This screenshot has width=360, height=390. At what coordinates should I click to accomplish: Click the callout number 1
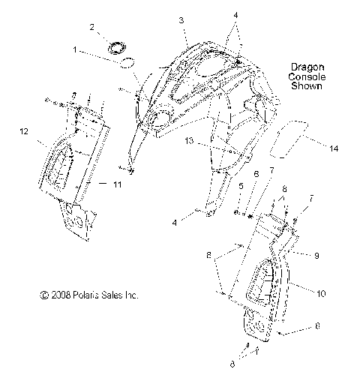pos(75,49)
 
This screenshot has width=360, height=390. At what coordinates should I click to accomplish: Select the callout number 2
pos(92,27)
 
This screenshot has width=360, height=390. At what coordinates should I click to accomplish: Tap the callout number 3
pos(181,20)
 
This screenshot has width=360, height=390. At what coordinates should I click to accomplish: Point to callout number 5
pos(241,186)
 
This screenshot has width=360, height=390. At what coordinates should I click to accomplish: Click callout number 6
pos(256,174)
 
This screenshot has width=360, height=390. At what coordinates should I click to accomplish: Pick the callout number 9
pos(316,256)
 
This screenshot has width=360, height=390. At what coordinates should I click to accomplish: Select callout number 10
pos(321,293)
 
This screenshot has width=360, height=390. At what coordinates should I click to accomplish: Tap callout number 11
pos(117,184)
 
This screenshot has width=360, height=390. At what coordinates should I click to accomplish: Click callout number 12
pos(24,131)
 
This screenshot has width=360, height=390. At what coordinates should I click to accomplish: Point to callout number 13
pos(189,140)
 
